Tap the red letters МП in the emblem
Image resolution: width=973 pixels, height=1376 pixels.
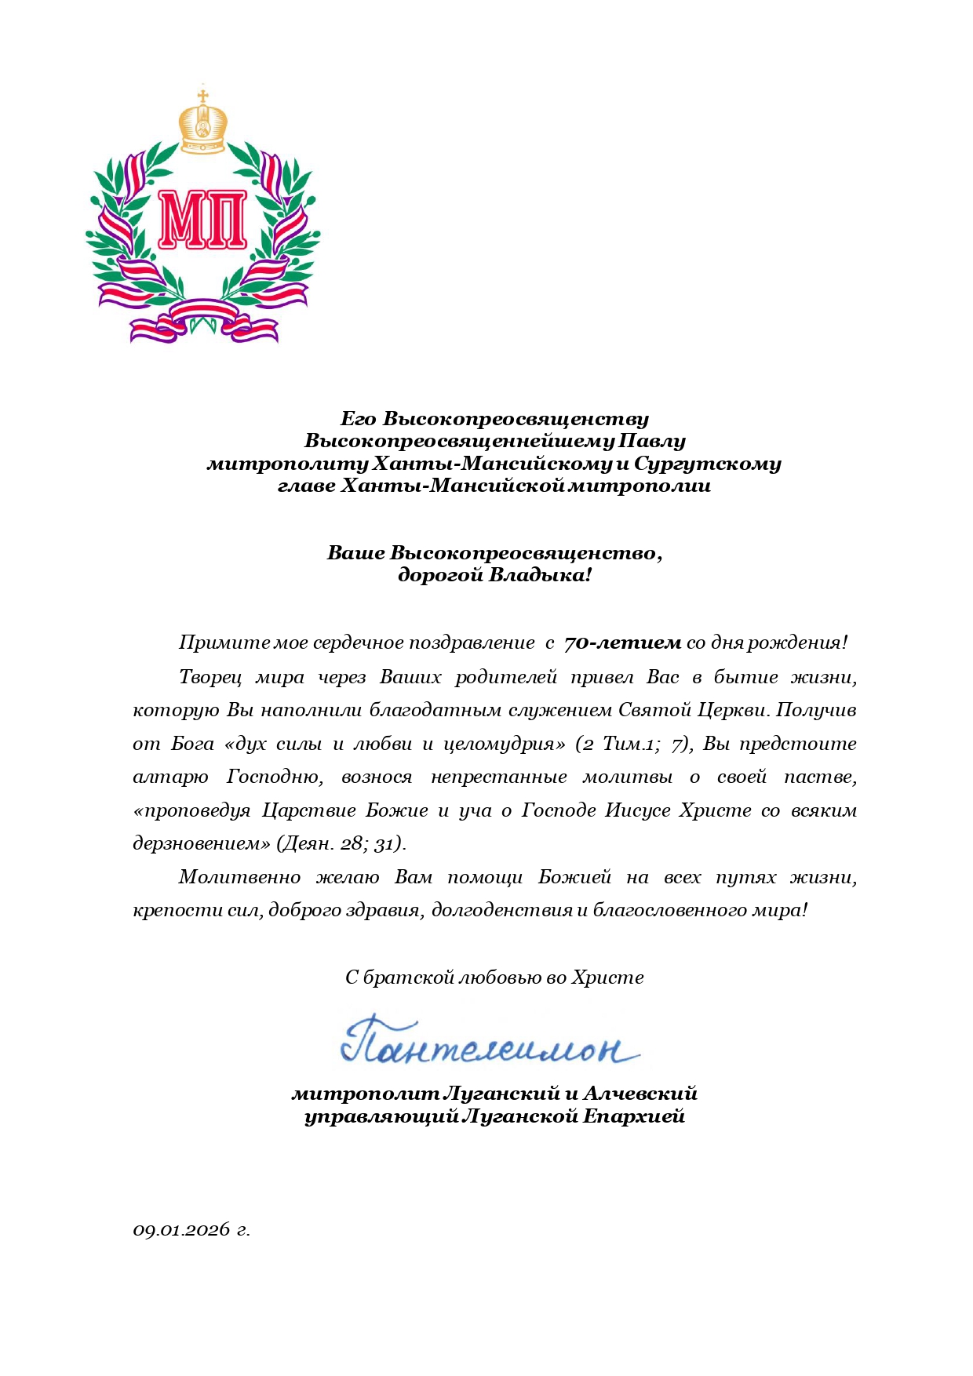(202, 219)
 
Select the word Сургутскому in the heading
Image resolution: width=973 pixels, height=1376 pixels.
(707, 463)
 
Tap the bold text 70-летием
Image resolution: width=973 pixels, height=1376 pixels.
(622, 643)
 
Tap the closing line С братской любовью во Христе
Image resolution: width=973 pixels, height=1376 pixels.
(494, 977)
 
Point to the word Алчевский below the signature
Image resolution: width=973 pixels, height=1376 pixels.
(640, 1093)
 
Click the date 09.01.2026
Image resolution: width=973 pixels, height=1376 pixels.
(180, 1229)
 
